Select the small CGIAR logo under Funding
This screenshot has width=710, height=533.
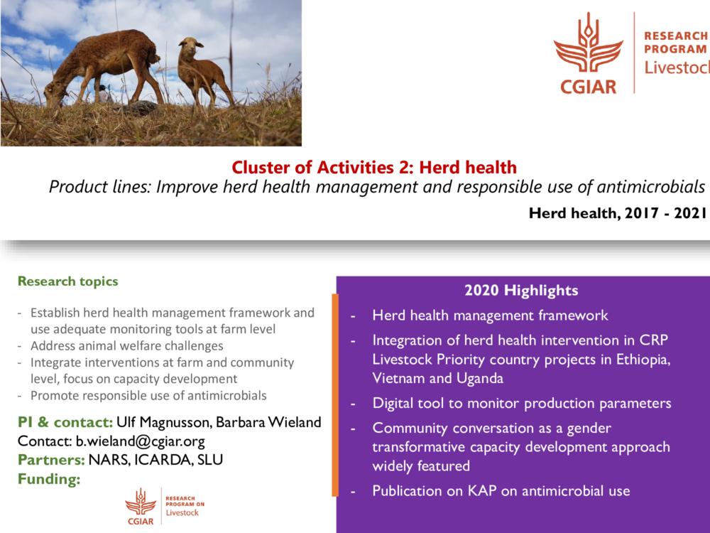pyautogui.click(x=141, y=505)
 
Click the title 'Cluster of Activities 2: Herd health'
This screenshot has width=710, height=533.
pyautogui.click(x=374, y=168)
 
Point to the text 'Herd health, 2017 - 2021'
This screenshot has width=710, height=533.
pyautogui.click(x=618, y=212)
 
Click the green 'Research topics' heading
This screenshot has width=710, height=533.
pyautogui.click(x=68, y=281)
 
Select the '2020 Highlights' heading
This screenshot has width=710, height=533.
pyautogui.click(x=521, y=290)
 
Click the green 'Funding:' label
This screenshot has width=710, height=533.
pyautogui.click(x=49, y=479)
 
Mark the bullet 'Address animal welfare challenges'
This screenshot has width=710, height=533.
pyautogui.click(x=126, y=346)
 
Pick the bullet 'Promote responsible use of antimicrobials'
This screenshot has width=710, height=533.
pyautogui.click(x=148, y=395)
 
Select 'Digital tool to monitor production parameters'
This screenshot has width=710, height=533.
pyautogui.click(x=521, y=403)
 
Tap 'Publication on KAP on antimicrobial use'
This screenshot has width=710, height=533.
pyautogui.click(x=501, y=490)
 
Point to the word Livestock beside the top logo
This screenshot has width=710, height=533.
pyautogui.click(x=676, y=68)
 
